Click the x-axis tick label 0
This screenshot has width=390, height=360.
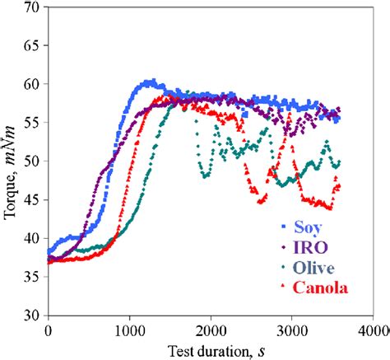[x=49, y=330]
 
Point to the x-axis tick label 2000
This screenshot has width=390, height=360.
[x=211, y=330]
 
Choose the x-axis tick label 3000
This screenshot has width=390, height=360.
[x=293, y=330]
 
